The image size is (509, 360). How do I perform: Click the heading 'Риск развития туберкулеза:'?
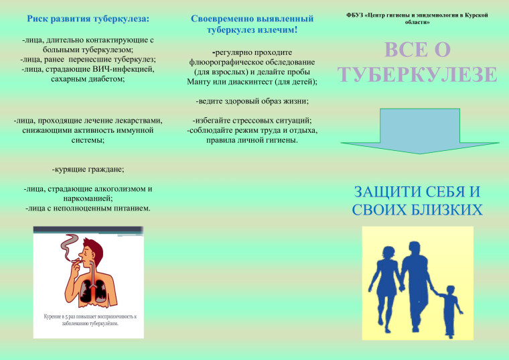(x=88, y=17)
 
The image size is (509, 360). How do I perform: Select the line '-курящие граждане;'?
(x=88, y=169)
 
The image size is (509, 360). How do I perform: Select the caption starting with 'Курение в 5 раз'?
(x=88, y=319)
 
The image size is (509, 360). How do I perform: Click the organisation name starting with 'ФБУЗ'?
(x=417, y=18)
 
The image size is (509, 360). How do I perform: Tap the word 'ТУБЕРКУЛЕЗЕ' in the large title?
(x=417, y=74)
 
